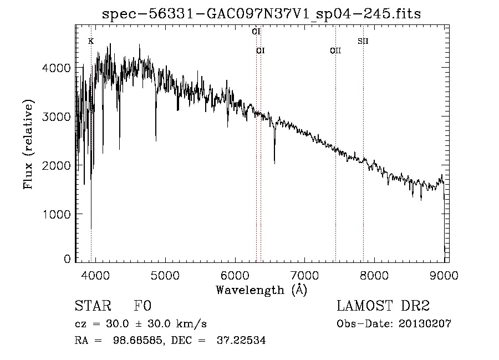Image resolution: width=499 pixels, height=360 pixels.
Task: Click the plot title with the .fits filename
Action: (261, 14)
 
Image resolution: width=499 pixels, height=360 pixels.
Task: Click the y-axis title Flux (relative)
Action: (28, 145)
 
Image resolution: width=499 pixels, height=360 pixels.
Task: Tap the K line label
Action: (91, 41)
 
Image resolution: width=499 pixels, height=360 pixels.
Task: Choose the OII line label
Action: (335, 50)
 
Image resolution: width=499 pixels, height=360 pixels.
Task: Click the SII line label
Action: (363, 41)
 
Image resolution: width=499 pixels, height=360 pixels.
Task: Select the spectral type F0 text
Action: (142, 306)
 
